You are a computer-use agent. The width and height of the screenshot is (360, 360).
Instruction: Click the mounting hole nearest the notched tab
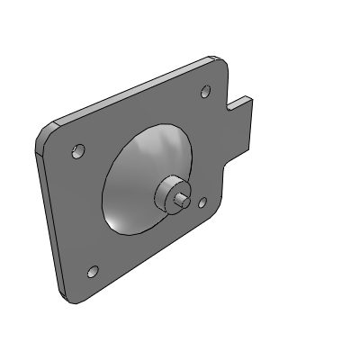205,91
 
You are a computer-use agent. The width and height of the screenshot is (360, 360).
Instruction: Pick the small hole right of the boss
202,204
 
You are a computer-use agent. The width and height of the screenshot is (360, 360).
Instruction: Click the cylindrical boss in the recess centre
169,194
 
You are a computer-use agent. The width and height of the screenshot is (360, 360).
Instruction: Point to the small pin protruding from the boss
183,199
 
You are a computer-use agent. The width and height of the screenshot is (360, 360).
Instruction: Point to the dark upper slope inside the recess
153,148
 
